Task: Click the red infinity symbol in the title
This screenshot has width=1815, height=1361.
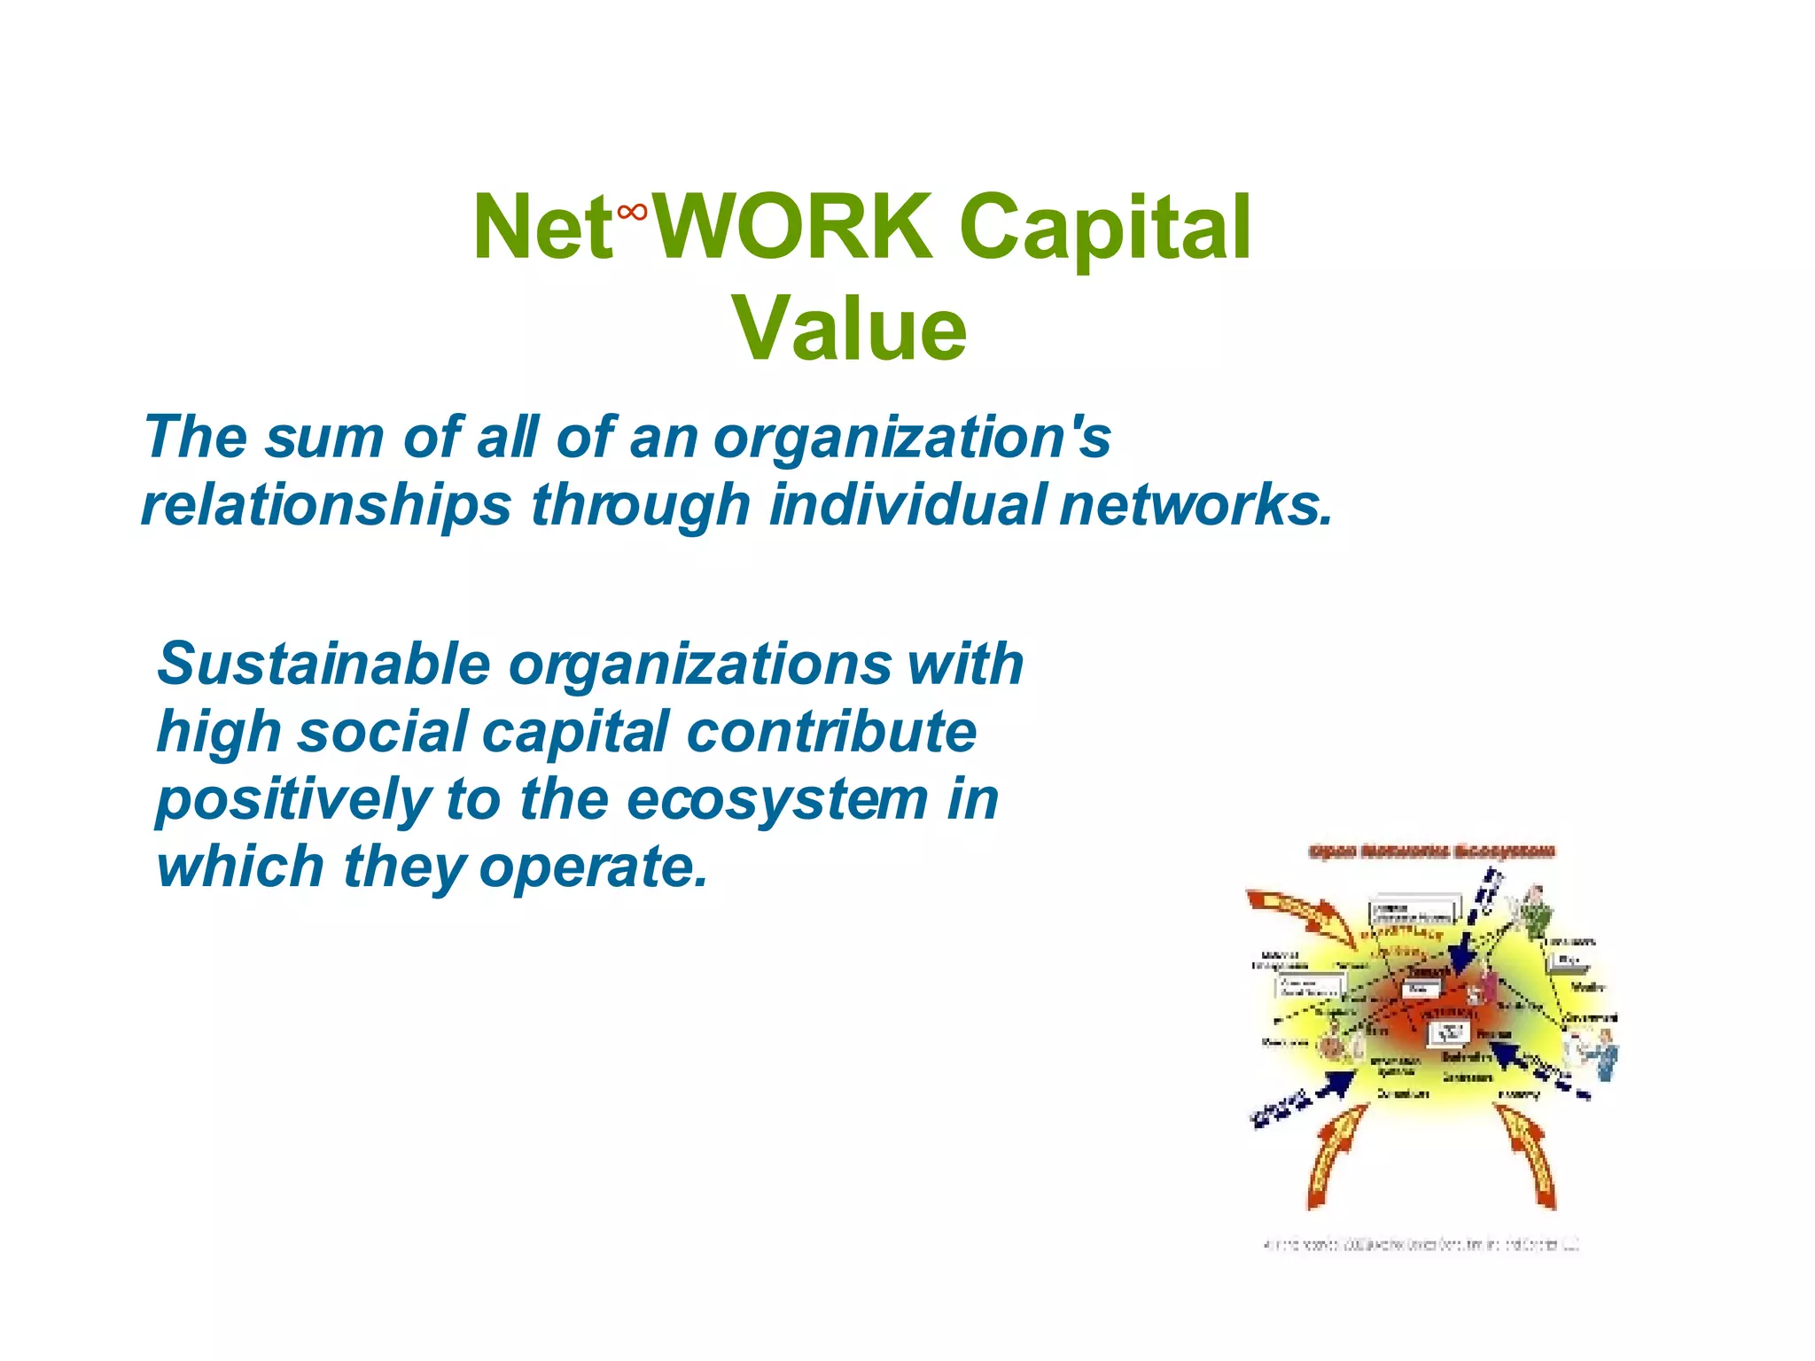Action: click(x=632, y=212)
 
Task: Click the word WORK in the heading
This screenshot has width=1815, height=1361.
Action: click(x=791, y=228)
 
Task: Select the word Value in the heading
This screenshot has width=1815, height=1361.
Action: click(x=849, y=330)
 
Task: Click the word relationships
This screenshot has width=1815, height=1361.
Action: click(x=326, y=504)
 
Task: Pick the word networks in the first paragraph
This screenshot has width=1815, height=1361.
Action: click(x=1195, y=504)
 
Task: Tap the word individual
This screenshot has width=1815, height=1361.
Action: click(x=907, y=504)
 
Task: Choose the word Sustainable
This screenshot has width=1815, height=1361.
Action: click(x=323, y=664)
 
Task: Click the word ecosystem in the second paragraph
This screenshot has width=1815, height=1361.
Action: click(x=777, y=799)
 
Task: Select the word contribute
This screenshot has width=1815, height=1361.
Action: click(x=831, y=732)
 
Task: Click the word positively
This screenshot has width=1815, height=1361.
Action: click(x=292, y=800)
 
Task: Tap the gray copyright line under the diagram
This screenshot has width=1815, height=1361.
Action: click(x=1422, y=1245)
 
